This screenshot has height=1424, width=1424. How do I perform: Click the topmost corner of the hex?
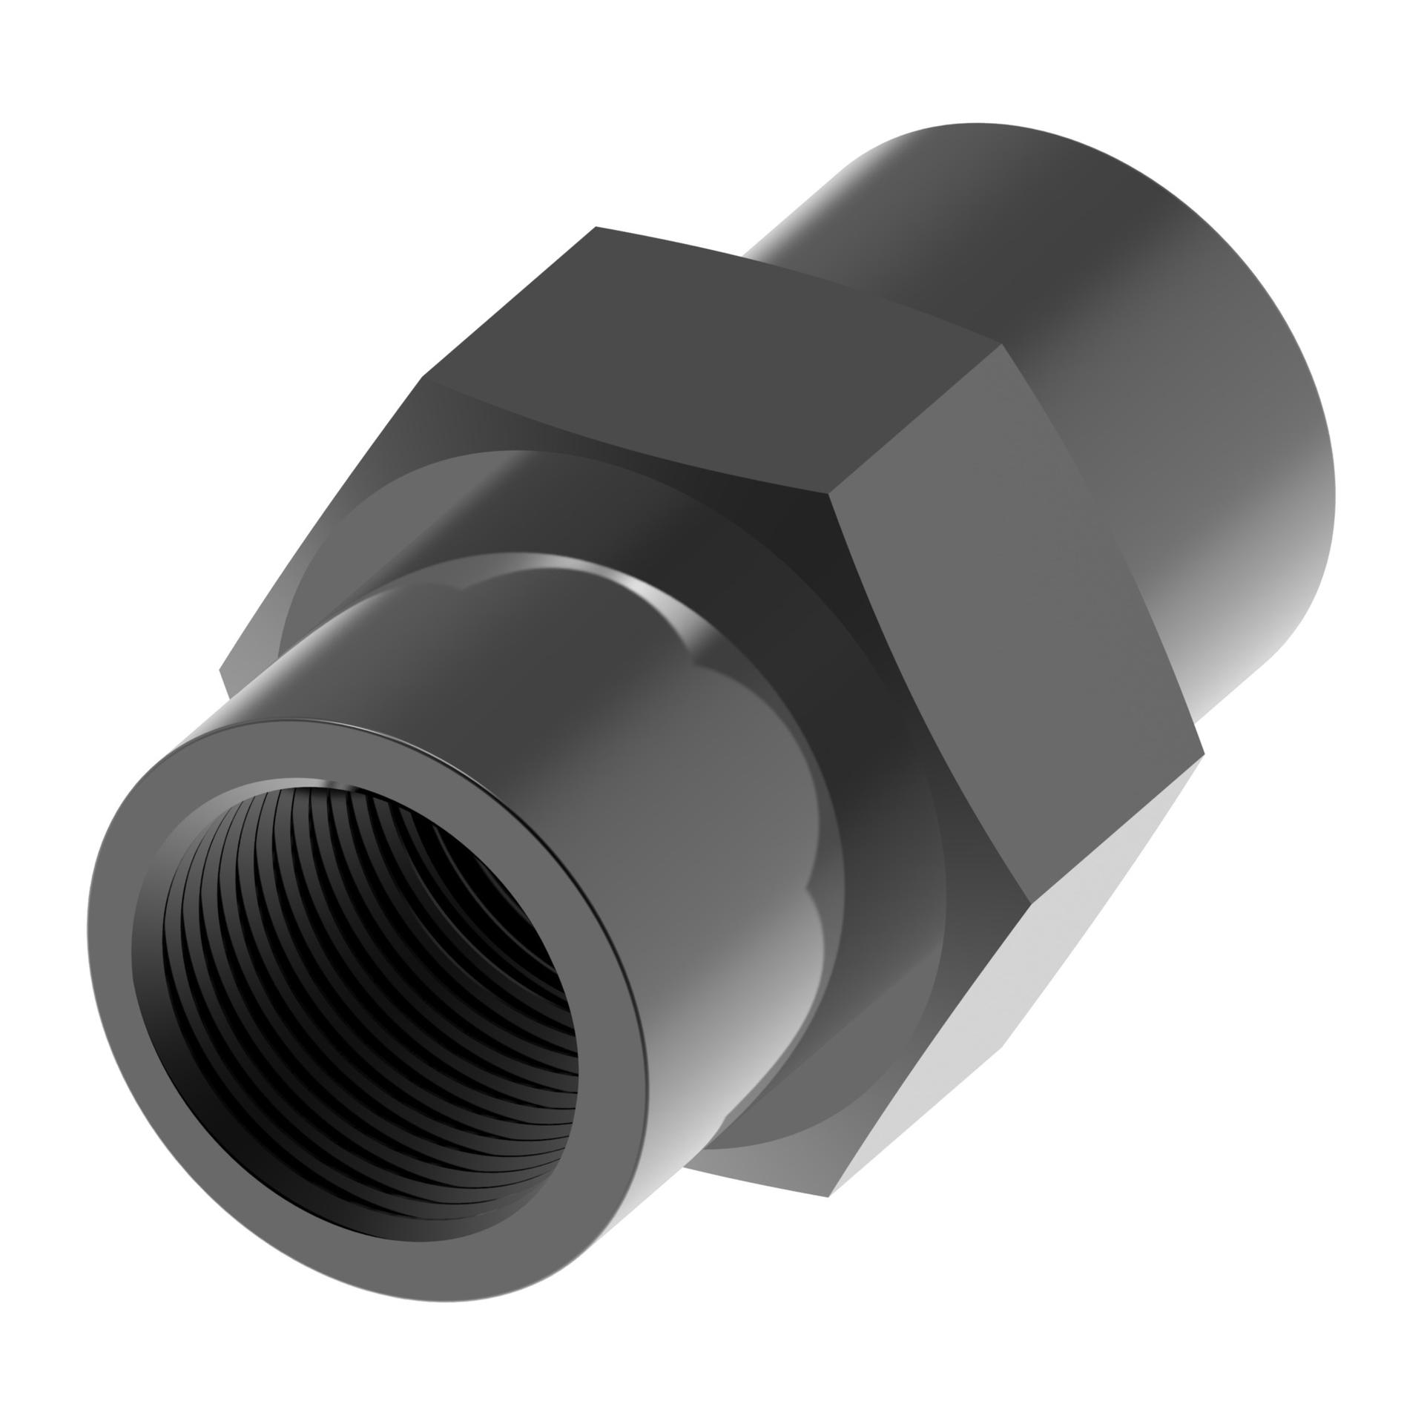coord(596,227)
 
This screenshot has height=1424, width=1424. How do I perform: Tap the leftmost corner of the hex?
coord(221,672)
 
